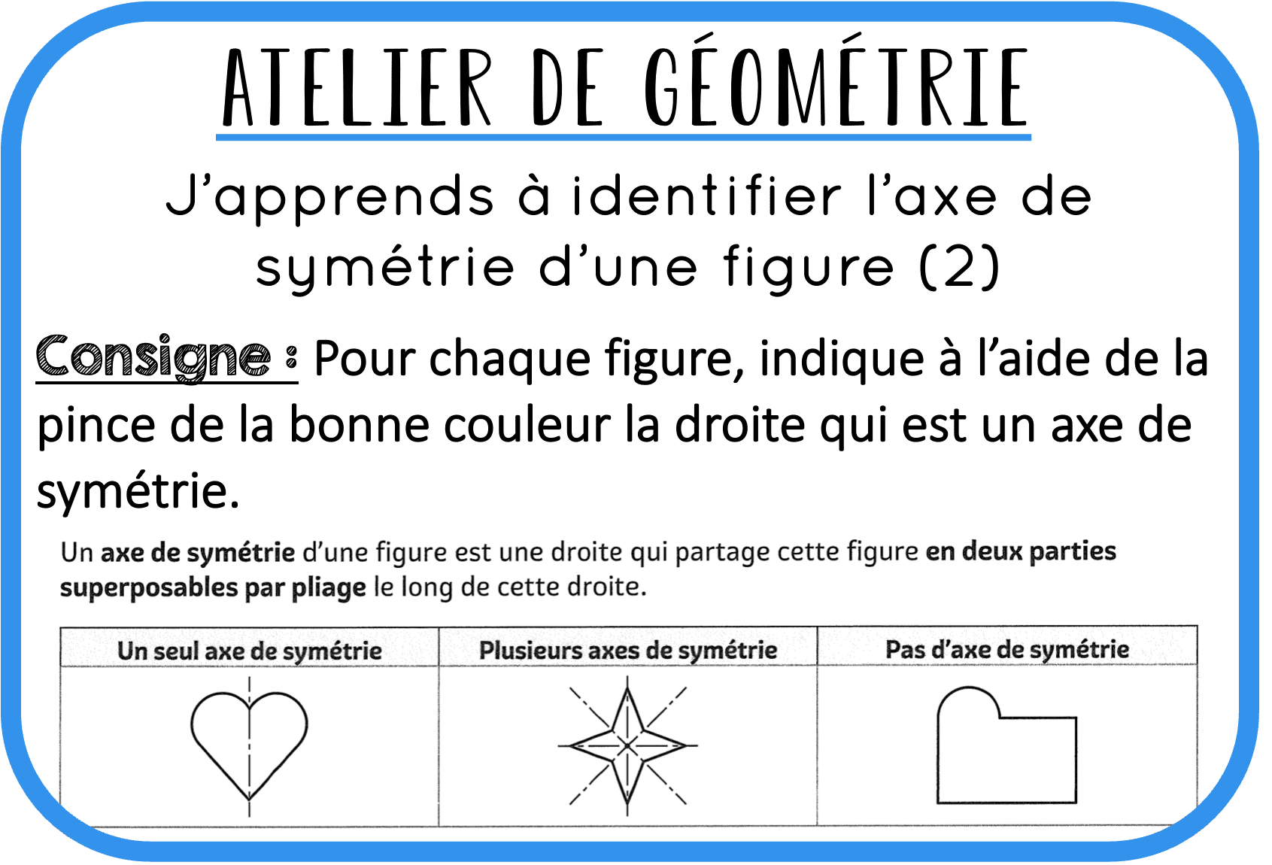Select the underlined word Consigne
(x=153, y=357)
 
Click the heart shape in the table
(x=249, y=742)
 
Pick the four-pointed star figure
(x=628, y=745)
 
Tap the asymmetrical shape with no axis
(x=1006, y=748)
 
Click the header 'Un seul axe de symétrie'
(x=249, y=651)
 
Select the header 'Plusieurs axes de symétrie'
(x=628, y=650)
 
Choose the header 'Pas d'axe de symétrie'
(x=1006, y=649)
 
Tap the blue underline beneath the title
(x=624, y=137)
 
